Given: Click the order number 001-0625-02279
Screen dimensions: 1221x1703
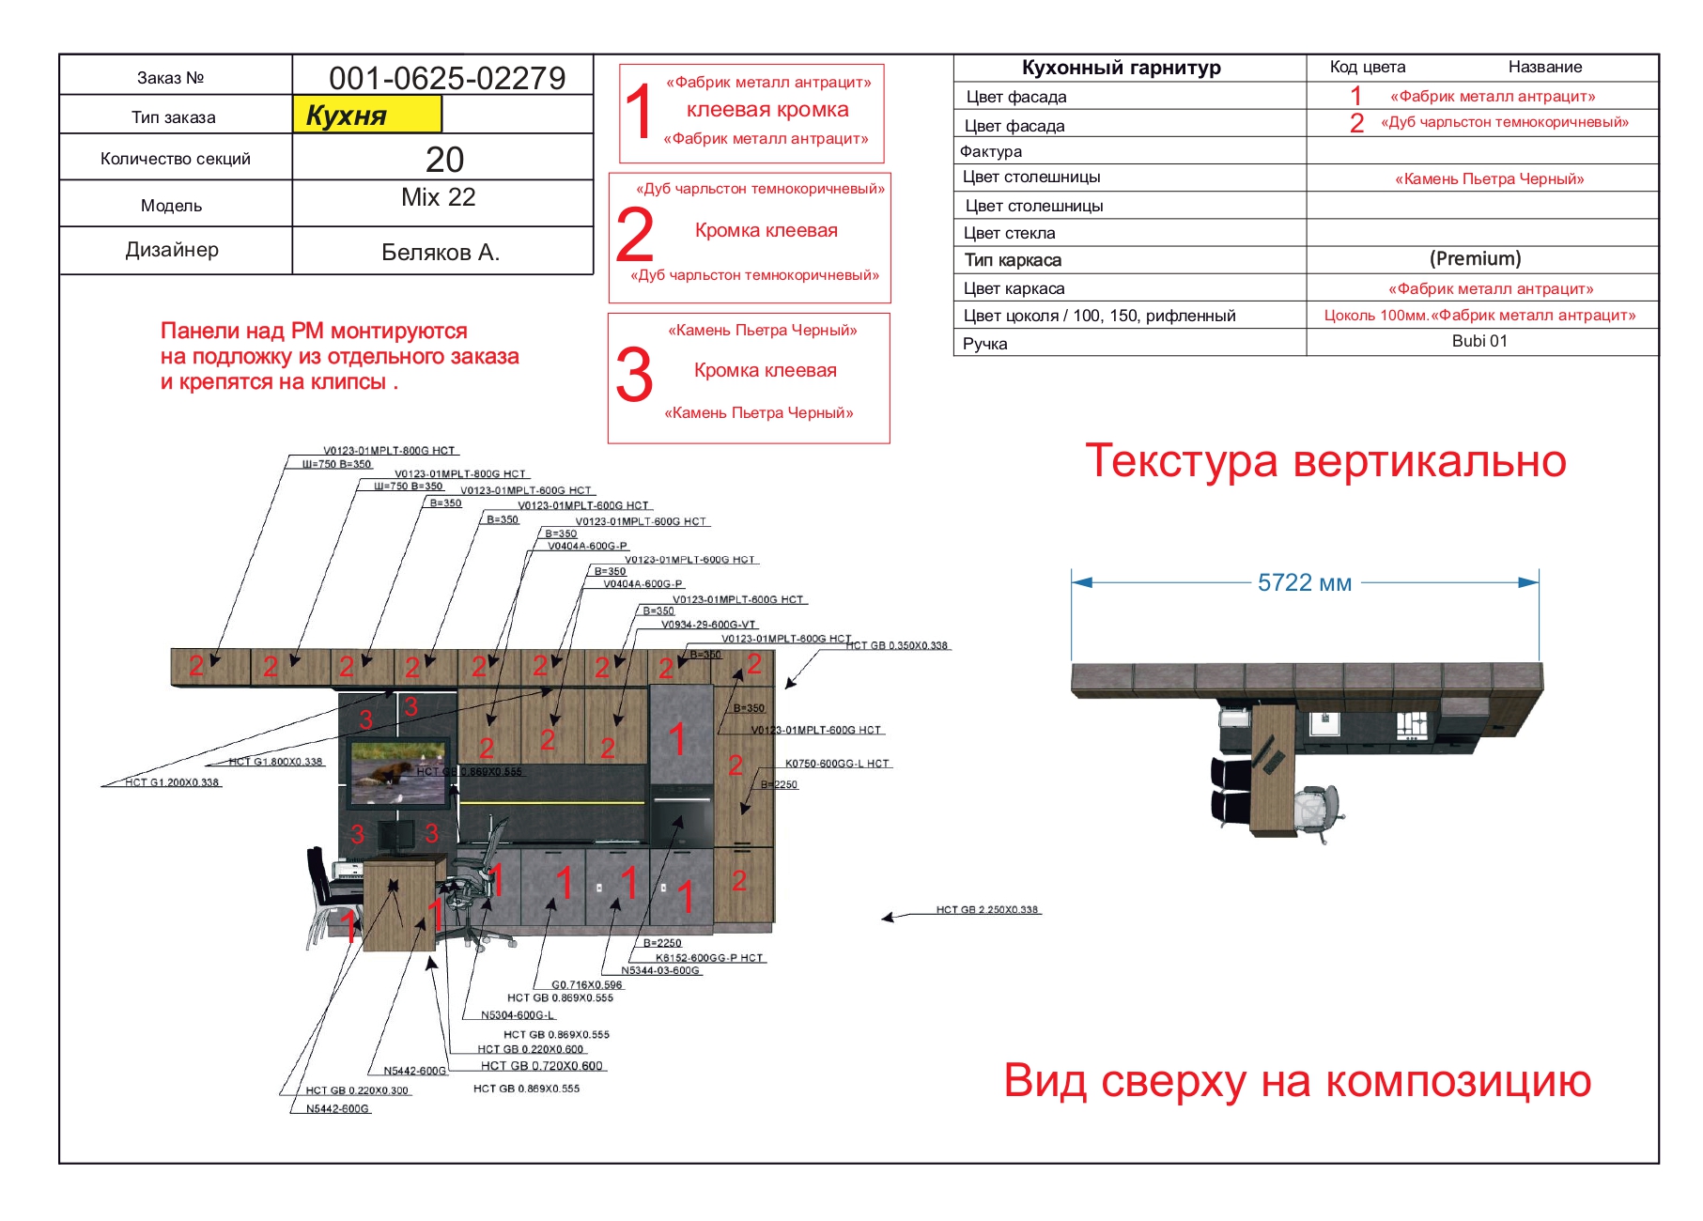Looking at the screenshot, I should (447, 78).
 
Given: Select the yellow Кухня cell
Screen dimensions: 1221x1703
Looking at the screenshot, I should (366, 116).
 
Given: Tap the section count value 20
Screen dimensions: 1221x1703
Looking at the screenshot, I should (444, 159).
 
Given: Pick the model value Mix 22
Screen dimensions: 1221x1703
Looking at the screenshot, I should (438, 197).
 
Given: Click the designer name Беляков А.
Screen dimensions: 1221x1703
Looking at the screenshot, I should (440, 252).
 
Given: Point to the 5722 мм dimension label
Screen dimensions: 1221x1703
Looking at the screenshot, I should (1304, 583).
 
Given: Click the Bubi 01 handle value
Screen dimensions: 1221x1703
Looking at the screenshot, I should (1479, 341).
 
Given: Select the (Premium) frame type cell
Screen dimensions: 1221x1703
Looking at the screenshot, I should (1475, 258).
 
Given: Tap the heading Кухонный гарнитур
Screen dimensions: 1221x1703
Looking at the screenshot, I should (1121, 68).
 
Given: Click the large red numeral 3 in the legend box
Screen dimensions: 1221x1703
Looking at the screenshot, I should (634, 375).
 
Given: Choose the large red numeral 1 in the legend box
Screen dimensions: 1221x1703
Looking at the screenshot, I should (639, 112).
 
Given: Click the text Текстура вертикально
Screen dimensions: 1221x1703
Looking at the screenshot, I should (1325, 461).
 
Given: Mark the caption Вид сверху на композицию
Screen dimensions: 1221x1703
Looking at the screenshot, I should (1297, 1080).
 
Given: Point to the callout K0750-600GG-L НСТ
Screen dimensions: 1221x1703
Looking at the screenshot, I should (836, 764).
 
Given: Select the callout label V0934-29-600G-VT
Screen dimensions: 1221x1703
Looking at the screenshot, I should (708, 625).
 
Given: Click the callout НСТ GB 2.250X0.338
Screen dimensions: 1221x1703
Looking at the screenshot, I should (986, 909).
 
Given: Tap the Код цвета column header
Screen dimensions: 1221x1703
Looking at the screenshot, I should (1367, 68).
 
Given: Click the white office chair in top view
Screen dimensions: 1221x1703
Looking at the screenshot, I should (1316, 810).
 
